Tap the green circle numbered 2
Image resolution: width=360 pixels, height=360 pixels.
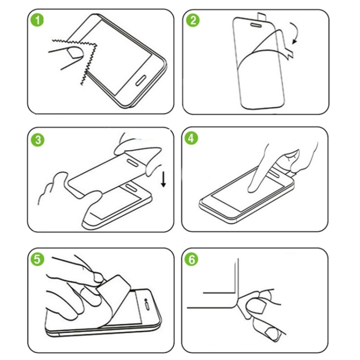tap(193, 21)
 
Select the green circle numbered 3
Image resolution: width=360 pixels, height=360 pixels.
tap(37, 140)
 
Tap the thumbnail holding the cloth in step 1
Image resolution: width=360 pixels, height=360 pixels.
tap(74, 53)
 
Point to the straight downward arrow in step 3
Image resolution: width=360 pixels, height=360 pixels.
tap(164, 180)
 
